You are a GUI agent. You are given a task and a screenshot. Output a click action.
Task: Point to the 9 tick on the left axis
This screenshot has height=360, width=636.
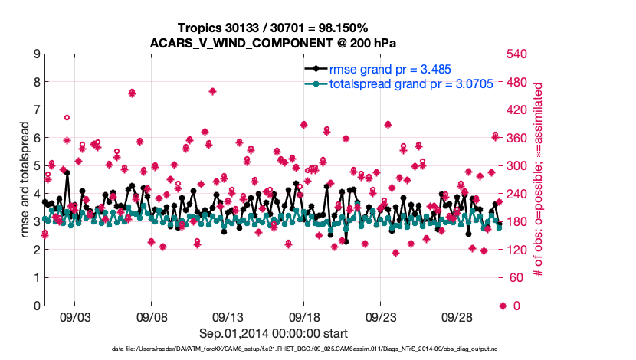[x=36, y=54]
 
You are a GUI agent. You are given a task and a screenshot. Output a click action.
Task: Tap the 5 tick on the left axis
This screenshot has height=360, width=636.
[x=36, y=166]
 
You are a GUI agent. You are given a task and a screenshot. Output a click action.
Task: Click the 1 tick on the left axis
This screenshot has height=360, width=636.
[x=36, y=278]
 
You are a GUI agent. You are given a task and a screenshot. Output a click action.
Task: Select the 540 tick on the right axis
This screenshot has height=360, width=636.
[x=519, y=54]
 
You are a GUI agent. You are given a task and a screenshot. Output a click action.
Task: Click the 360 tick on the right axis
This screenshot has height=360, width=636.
[x=519, y=139]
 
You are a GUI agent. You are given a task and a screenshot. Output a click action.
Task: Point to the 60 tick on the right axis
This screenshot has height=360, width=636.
[x=516, y=278]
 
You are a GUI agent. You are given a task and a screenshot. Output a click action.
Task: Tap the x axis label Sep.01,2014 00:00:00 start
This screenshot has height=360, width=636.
[x=273, y=333]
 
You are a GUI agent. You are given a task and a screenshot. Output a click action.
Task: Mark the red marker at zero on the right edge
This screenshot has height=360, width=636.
[x=503, y=306]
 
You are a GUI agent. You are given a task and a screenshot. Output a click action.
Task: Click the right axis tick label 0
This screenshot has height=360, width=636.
[x=513, y=306]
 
